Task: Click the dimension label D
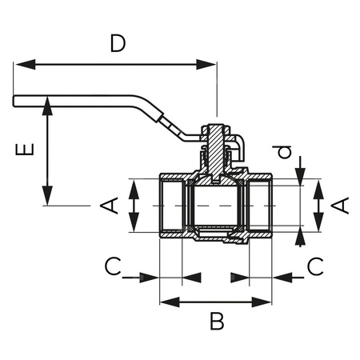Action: (x=118, y=44)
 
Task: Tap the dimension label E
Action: (x=26, y=150)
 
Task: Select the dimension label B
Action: (x=216, y=322)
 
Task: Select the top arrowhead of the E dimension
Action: (x=47, y=103)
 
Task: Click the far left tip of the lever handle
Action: (x=15, y=100)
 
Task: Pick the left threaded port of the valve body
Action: (x=171, y=206)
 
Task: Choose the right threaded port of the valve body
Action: (x=260, y=206)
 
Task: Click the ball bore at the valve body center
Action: (x=214, y=206)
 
